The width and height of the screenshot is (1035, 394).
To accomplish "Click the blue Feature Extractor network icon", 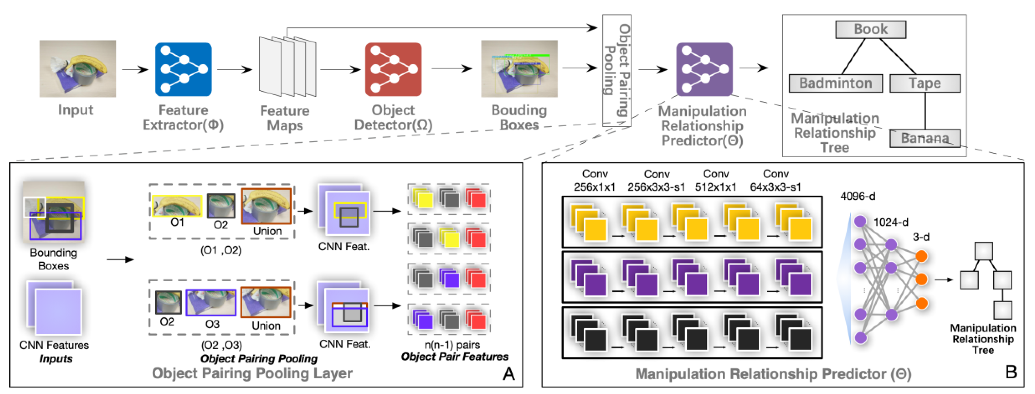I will click(183, 69).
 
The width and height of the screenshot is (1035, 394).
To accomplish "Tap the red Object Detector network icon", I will click(393, 69).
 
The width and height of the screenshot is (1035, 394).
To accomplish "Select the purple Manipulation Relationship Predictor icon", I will click(704, 69).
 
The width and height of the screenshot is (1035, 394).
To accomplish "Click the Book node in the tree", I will click(870, 29).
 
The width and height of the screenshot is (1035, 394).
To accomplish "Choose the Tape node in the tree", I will click(924, 83).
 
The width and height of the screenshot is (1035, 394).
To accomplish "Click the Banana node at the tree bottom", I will click(924, 138).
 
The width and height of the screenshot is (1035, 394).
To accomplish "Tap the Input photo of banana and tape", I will click(77, 68).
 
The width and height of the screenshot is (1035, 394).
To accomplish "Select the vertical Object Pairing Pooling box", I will click(616, 70).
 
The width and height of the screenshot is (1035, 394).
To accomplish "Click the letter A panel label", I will click(508, 374).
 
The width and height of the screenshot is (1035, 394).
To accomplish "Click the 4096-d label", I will click(858, 196).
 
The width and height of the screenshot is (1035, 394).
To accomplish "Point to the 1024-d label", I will click(890, 222).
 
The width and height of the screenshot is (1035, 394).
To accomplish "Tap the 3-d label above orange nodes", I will click(921, 237).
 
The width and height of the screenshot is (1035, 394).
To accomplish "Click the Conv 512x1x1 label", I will click(716, 180).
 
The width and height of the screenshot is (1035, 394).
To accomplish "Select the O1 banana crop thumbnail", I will click(177, 206).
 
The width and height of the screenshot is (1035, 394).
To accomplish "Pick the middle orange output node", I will click(921, 279).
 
